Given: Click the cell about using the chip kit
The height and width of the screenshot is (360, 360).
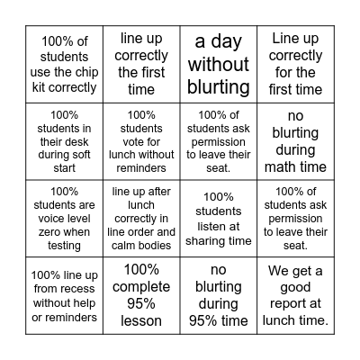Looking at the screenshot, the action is pos(65,63).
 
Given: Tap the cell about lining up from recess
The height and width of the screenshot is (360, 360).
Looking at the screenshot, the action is pos(65,294).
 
